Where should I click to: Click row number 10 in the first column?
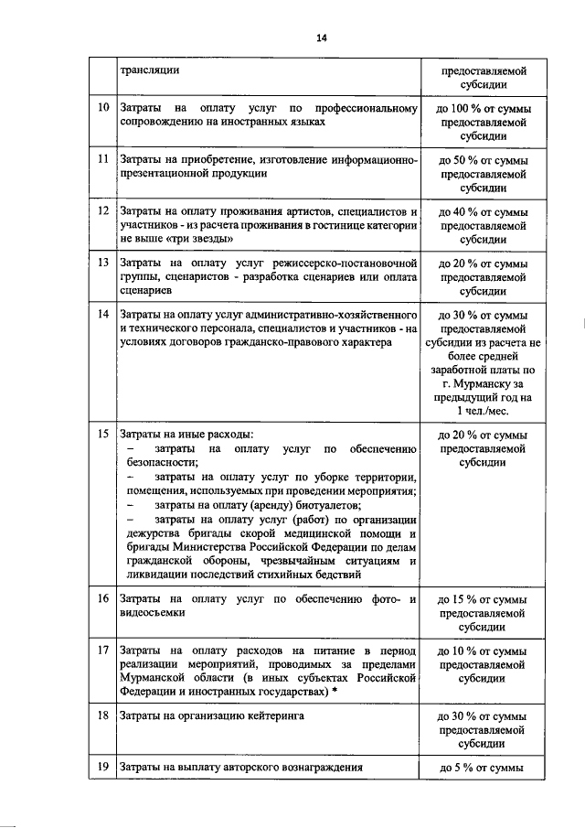click(103, 109)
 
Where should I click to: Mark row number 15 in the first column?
click(103, 433)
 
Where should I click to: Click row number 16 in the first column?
click(103, 599)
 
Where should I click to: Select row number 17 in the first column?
click(103, 651)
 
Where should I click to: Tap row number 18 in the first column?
click(103, 715)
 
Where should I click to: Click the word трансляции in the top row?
click(149, 70)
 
